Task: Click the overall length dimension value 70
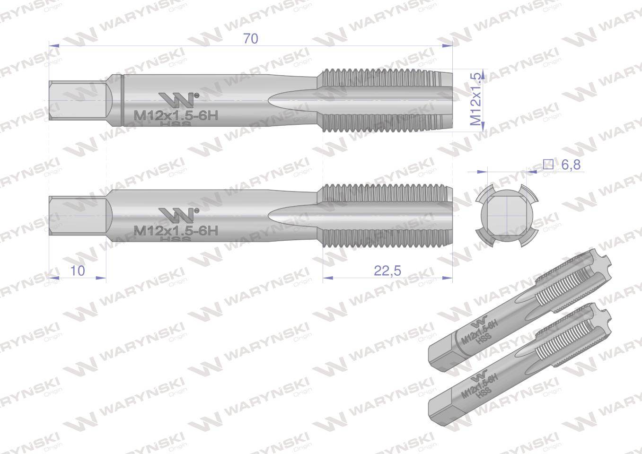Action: click(251, 39)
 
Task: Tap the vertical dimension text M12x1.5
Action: click(476, 99)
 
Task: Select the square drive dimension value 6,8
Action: click(571, 165)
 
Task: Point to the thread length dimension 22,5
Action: click(387, 271)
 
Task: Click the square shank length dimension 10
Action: click(78, 271)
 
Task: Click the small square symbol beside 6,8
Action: click(548, 165)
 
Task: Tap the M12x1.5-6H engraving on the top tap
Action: click(176, 115)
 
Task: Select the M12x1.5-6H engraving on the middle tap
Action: click(176, 231)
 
